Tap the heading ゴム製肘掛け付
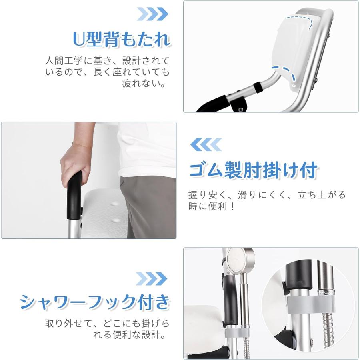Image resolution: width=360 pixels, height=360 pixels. click(253, 170)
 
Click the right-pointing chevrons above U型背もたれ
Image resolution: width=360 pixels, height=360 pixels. click(152, 14)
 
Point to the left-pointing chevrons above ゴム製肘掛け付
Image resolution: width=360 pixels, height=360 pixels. click(206, 144)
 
